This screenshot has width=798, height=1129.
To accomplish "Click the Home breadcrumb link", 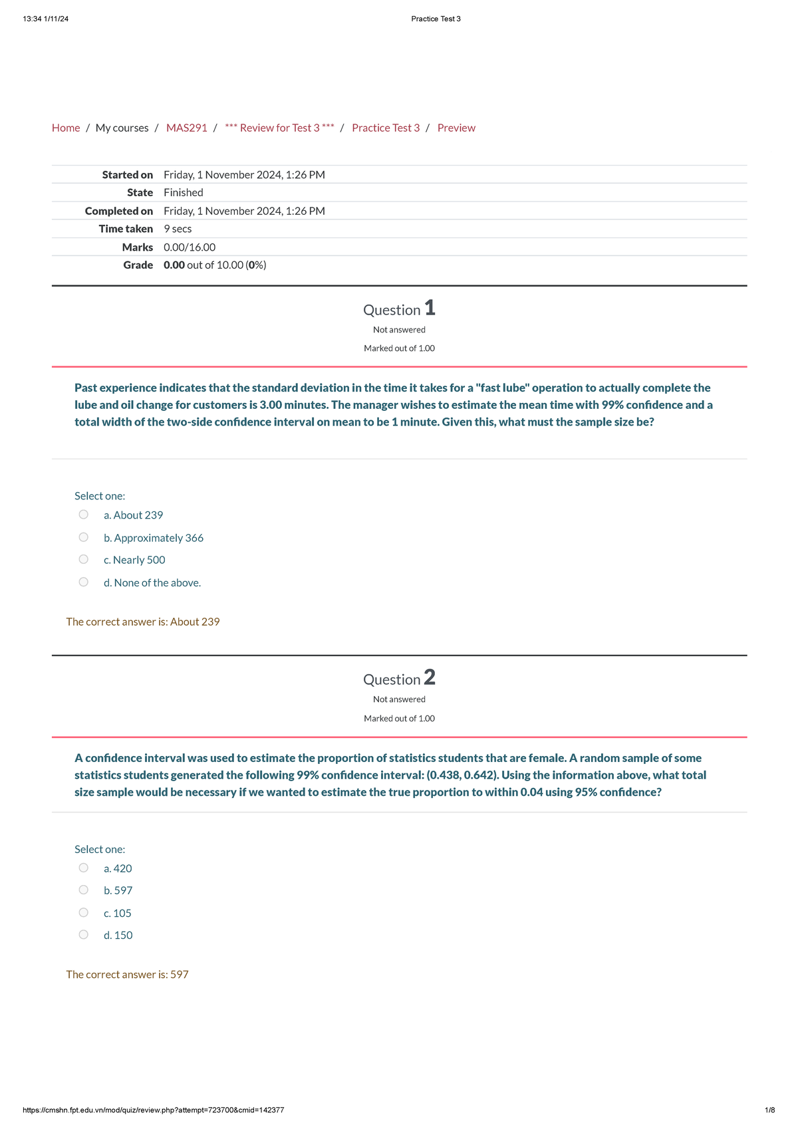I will tap(66, 128).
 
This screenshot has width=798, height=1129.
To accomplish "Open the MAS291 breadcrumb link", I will tap(187, 128).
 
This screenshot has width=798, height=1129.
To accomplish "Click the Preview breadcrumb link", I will tap(456, 128).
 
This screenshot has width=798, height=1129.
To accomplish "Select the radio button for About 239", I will tap(83, 515).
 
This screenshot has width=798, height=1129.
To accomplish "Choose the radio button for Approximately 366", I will tap(83, 537).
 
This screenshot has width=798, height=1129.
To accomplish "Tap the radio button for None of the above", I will tap(83, 582).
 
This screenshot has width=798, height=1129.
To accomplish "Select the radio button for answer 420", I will tap(83, 868).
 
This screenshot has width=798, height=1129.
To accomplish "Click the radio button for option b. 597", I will tap(83, 890).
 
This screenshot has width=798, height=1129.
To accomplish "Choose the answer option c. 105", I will tap(118, 913).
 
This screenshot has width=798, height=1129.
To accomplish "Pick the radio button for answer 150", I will tap(83, 935).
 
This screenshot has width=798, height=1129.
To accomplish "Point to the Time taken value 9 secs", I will tap(178, 229).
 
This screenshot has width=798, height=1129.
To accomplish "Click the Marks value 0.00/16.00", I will tap(190, 247).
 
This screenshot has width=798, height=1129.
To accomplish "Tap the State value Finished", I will tap(184, 192).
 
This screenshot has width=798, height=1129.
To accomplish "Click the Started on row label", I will tap(128, 175).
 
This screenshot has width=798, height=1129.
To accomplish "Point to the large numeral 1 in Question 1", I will tap(430, 308).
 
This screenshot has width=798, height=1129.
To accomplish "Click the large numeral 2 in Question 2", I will tap(430, 678).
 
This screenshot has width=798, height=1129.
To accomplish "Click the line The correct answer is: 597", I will tap(128, 974).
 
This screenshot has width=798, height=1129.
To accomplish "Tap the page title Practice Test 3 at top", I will tap(436, 19).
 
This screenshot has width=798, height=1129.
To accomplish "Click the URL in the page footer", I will tap(154, 1110).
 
